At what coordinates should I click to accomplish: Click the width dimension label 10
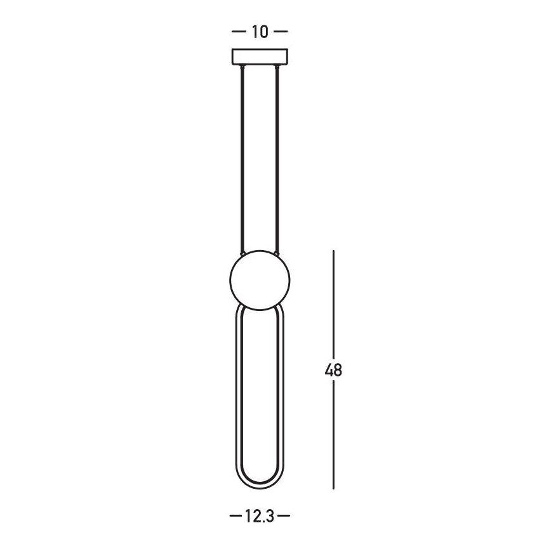click(260, 32)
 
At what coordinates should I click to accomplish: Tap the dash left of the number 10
click(239, 32)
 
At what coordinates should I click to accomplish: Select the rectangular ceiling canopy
click(260, 56)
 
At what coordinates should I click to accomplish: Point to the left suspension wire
click(242, 159)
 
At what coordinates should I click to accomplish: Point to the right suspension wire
click(278, 159)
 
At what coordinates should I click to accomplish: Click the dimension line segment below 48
click(334, 438)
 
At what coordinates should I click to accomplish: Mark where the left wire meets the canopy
click(242, 66)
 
